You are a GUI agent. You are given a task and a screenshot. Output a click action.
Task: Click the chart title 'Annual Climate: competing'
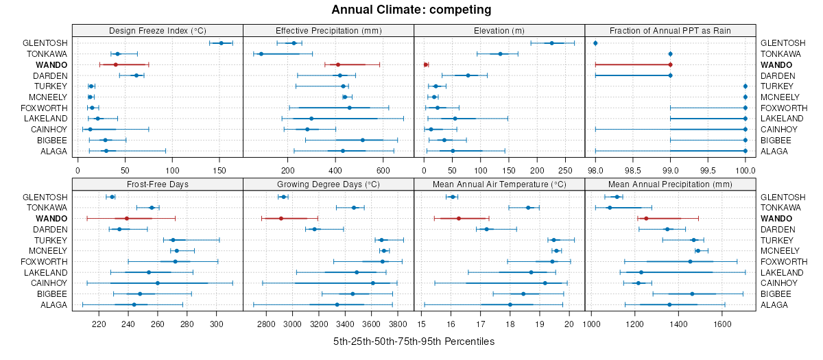[x=411, y=10]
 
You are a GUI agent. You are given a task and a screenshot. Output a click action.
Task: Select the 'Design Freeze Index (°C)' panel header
[x=157, y=31]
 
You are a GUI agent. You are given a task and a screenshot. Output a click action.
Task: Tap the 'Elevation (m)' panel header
[x=499, y=31]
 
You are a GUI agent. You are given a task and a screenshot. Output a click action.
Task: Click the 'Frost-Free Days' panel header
[x=157, y=184]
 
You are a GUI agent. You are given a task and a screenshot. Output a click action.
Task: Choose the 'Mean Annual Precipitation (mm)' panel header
[x=669, y=184]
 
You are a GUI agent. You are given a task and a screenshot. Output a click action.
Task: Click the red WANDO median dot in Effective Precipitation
[x=337, y=64]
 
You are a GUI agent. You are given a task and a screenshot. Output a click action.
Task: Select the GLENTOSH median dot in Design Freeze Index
[x=221, y=43]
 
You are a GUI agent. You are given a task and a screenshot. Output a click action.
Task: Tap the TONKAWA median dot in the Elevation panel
[x=500, y=53]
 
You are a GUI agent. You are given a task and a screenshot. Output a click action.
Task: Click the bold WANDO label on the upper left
[x=53, y=64]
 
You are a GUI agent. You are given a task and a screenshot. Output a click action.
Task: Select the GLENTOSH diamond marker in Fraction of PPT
[x=595, y=43]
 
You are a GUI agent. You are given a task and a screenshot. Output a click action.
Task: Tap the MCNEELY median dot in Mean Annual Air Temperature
[x=556, y=251]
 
